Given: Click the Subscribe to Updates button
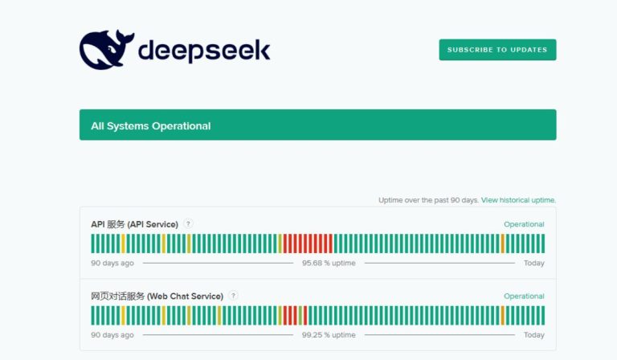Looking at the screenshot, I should point(497,50).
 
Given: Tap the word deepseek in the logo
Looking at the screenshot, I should point(204,51).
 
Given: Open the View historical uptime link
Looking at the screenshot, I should point(518,200).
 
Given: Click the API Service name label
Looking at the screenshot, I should point(134,224).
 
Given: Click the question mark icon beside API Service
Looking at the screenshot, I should point(188,224).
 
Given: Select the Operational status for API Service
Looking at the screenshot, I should point(524,224).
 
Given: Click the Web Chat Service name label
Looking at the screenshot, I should point(157,296).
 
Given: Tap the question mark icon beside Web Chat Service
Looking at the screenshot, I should point(233,296).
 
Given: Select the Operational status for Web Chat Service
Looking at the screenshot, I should point(524,296).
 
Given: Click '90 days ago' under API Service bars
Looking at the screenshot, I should point(112,263).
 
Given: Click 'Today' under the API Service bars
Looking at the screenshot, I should point(533,263).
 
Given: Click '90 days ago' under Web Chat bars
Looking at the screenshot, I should point(112,334).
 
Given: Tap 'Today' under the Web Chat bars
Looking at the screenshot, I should point(533,334).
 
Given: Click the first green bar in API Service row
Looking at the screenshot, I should point(93,243).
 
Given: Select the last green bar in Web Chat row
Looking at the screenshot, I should point(542,315).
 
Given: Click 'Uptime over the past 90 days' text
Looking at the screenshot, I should point(428,200).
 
